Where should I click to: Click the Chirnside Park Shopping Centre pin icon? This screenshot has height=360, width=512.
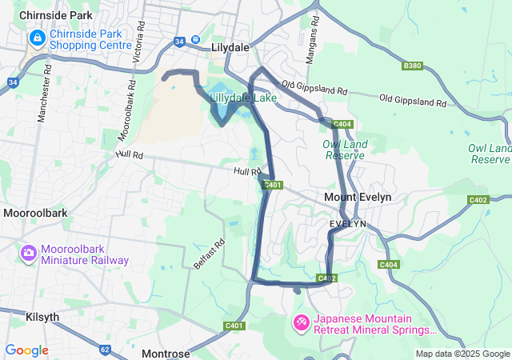tap(37, 38)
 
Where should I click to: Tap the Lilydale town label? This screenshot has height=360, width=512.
tap(231, 47)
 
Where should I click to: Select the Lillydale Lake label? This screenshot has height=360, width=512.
tap(242, 98)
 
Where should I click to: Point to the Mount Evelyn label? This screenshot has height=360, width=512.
tap(358, 197)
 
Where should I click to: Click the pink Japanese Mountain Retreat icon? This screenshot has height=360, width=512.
tap(301, 322)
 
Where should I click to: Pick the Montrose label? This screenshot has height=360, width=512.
tap(166, 353)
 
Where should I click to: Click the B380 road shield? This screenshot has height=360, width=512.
tap(413, 66)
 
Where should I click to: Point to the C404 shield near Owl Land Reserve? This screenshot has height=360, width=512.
tap(342, 124)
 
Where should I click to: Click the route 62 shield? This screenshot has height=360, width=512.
tap(106, 349)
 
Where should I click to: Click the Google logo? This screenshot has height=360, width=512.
tap(26, 350)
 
